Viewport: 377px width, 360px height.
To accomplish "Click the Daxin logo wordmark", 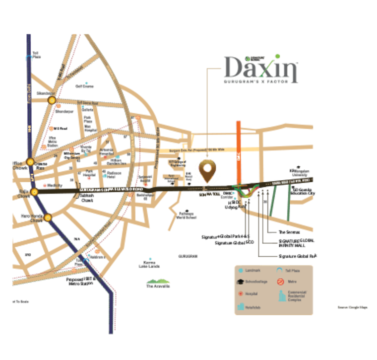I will click(x=261, y=69).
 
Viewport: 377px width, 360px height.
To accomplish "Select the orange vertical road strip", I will click(x=239, y=149).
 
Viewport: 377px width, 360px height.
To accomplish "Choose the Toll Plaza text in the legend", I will click(x=293, y=271).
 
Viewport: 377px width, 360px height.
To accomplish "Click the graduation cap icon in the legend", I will click(x=241, y=282).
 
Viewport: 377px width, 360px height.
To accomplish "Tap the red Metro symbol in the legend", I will click(x=280, y=282).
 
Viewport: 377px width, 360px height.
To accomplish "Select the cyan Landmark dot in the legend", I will click(x=241, y=271).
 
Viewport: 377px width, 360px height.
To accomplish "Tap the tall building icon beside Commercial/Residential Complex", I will click(x=281, y=297).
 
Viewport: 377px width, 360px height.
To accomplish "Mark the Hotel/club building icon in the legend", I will click(x=241, y=307).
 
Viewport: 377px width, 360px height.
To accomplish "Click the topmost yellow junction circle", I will click(x=52, y=101).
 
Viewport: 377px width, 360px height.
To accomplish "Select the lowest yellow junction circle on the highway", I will click(x=48, y=217).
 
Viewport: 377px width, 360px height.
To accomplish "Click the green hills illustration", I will click(x=158, y=283).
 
